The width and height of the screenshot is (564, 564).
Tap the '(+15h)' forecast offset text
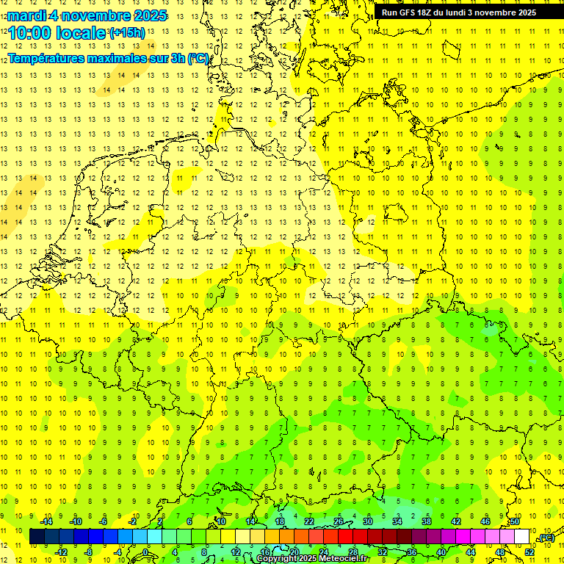click(x=127, y=33)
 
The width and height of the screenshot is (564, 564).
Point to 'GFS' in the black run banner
click(x=407, y=12)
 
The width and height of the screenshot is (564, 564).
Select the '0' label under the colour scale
click(x=145, y=552)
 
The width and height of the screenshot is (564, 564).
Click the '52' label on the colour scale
click(x=529, y=552)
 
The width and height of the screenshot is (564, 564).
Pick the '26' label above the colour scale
click(x=339, y=521)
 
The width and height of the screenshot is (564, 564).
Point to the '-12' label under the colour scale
click(x=62, y=552)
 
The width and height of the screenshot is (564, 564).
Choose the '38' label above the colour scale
click(x=427, y=521)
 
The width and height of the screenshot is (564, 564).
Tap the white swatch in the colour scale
click(x=522, y=537)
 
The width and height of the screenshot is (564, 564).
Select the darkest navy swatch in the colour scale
click(x=37, y=537)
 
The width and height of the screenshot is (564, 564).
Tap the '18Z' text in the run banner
click(x=428, y=12)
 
